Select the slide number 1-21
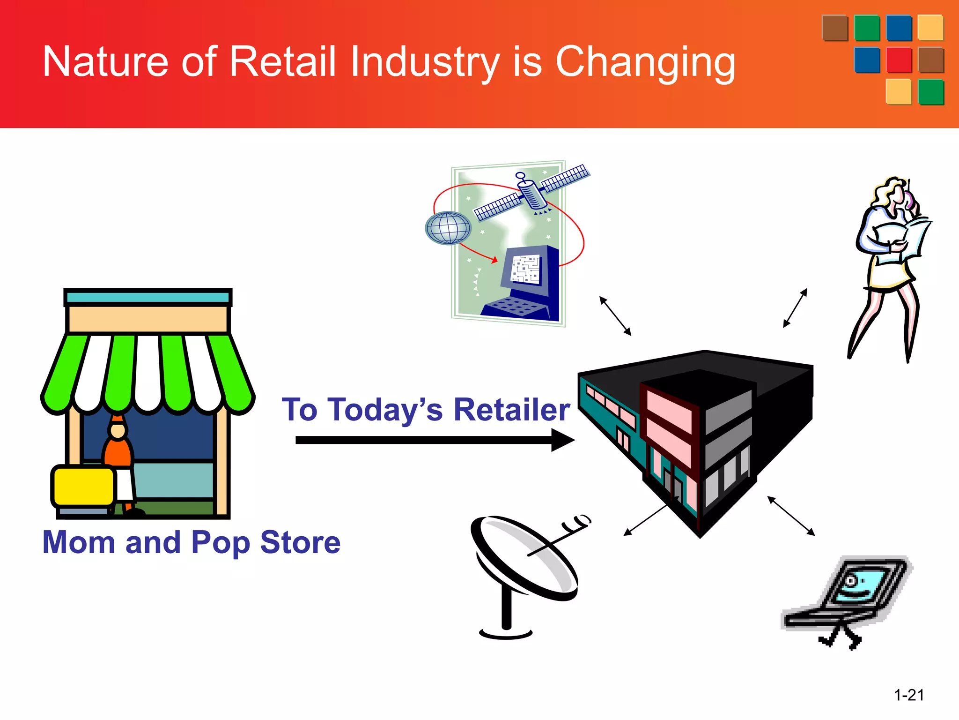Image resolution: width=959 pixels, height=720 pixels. click(909, 695)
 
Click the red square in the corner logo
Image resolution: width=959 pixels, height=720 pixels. click(899, 60)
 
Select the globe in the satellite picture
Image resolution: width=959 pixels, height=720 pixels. click(448, 228)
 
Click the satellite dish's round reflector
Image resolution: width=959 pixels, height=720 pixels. click(524, 558)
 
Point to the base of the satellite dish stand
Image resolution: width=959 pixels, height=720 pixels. click(506, 633)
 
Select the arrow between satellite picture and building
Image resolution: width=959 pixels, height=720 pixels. click(615, 316)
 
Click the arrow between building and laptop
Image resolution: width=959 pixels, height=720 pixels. click(791, 516)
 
